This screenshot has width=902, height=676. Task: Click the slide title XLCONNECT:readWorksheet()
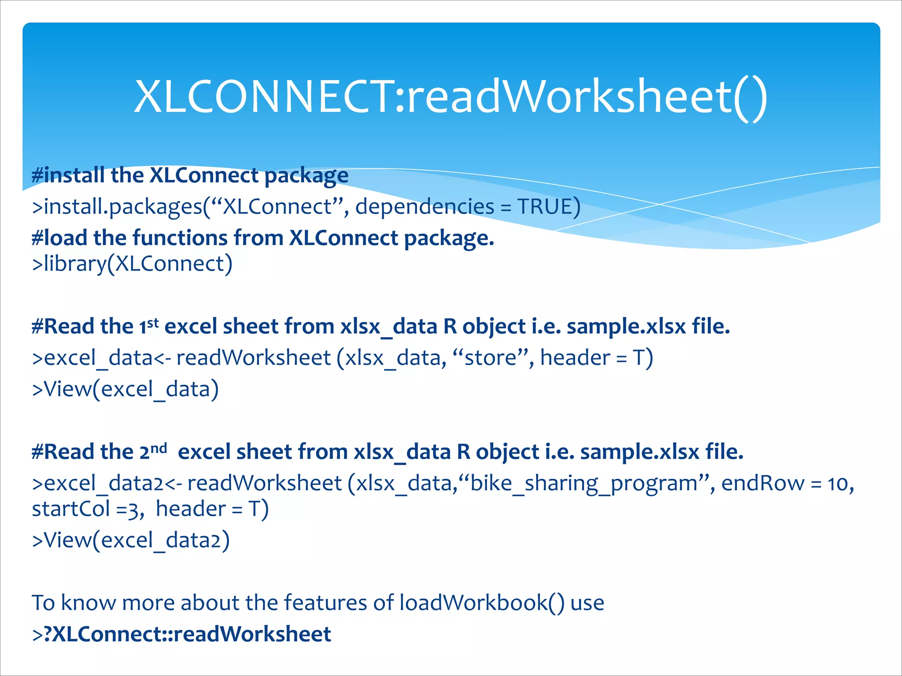click(451, 97)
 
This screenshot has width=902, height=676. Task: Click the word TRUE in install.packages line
click(544, 206)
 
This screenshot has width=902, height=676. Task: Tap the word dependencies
click(425, 206)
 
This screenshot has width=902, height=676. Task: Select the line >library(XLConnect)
click(132, 264)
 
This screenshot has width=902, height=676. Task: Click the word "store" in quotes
click(490, 357)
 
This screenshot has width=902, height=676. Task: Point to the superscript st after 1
click(153, 323)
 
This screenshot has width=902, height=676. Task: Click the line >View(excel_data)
click(126, 389)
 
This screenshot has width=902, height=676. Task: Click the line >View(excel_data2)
click(131, 540)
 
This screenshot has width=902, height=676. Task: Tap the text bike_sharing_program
click(584, 483)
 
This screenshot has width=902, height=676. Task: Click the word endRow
click(762, 483)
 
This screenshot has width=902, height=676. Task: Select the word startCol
click(70, 509)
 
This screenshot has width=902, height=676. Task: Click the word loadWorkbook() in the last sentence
click(482, 603)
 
